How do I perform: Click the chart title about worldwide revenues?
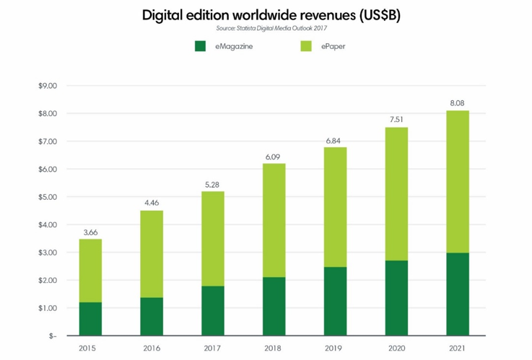265,15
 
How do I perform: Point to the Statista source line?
265,28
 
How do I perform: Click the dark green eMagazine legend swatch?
201,47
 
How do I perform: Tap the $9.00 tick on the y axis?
48,86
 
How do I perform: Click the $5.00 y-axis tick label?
48,197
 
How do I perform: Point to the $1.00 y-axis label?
48,308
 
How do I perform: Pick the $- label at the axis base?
52,336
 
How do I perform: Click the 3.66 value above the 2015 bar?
90,232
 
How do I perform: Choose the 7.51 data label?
396,120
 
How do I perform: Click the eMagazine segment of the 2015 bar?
90,319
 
